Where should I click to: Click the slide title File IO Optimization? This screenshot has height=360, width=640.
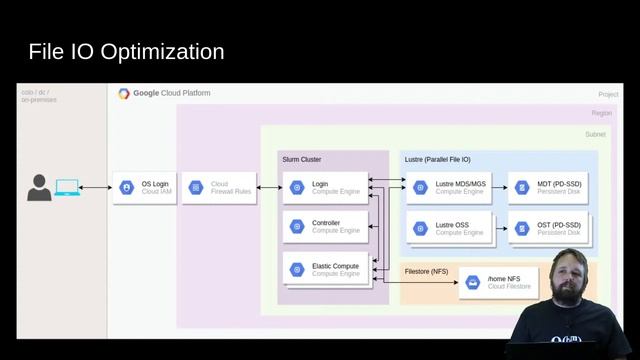coord(126,51)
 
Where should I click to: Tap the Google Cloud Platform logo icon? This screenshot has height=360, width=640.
coord(124,93)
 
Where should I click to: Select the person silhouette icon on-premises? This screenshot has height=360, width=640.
coord(39,187)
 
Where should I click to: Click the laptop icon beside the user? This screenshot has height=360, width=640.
coord(67,187)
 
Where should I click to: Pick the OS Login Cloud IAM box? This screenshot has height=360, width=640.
coord(145,188)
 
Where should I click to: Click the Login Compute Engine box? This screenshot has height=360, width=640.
coord(323,188)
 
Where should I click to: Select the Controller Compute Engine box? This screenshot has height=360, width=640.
coord(323,226)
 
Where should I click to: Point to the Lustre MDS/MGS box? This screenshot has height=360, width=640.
coord(447,188)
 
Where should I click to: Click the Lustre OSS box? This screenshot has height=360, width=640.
coord(447,226)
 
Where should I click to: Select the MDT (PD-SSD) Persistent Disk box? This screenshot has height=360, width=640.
coord(547,188)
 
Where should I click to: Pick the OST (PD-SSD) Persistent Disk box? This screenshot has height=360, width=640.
coord(547,226)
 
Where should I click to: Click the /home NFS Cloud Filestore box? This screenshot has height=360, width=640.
coord(497,283)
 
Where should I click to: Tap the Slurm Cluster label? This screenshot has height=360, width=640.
coord(301,159)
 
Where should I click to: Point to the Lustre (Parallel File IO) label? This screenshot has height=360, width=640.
coord(437,159)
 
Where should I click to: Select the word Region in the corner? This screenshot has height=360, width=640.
coord(601,114)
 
